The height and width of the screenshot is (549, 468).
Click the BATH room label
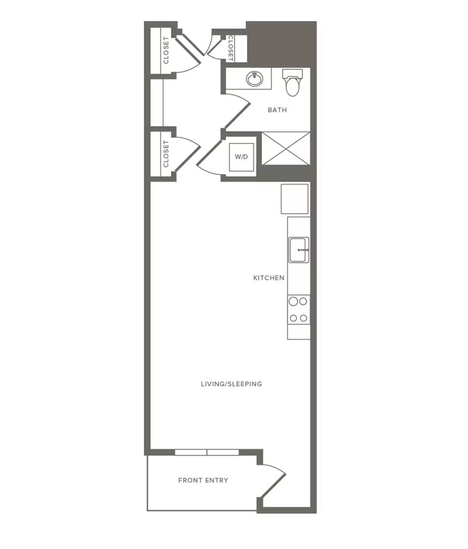click(277, 110)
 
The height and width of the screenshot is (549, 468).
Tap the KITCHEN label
click(269, 278)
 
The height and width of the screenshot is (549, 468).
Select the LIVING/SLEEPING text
click(231, 384)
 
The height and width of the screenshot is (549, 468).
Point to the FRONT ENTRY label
click(203, 480)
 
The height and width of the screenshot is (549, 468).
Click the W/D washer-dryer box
click(242, 157)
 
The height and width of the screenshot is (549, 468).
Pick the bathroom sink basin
click(254, 79)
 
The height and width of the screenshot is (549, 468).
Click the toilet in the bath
click(292, 82)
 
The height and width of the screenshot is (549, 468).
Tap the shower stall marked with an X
click(286, 148)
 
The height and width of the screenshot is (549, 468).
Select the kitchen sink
click(299, 250)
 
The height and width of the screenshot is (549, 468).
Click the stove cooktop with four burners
click(299, 310)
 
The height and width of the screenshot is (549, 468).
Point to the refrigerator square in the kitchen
click(295, 199)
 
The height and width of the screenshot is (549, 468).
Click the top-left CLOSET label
click(166, 51)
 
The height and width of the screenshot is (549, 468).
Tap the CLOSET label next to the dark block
click(230, 48)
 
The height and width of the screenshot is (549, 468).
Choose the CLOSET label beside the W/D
click(166, 154)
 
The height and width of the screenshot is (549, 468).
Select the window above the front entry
click(207, 452)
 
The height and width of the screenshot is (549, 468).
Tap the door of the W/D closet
click(209, 157)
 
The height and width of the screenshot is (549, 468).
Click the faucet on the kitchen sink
click(303, 250)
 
